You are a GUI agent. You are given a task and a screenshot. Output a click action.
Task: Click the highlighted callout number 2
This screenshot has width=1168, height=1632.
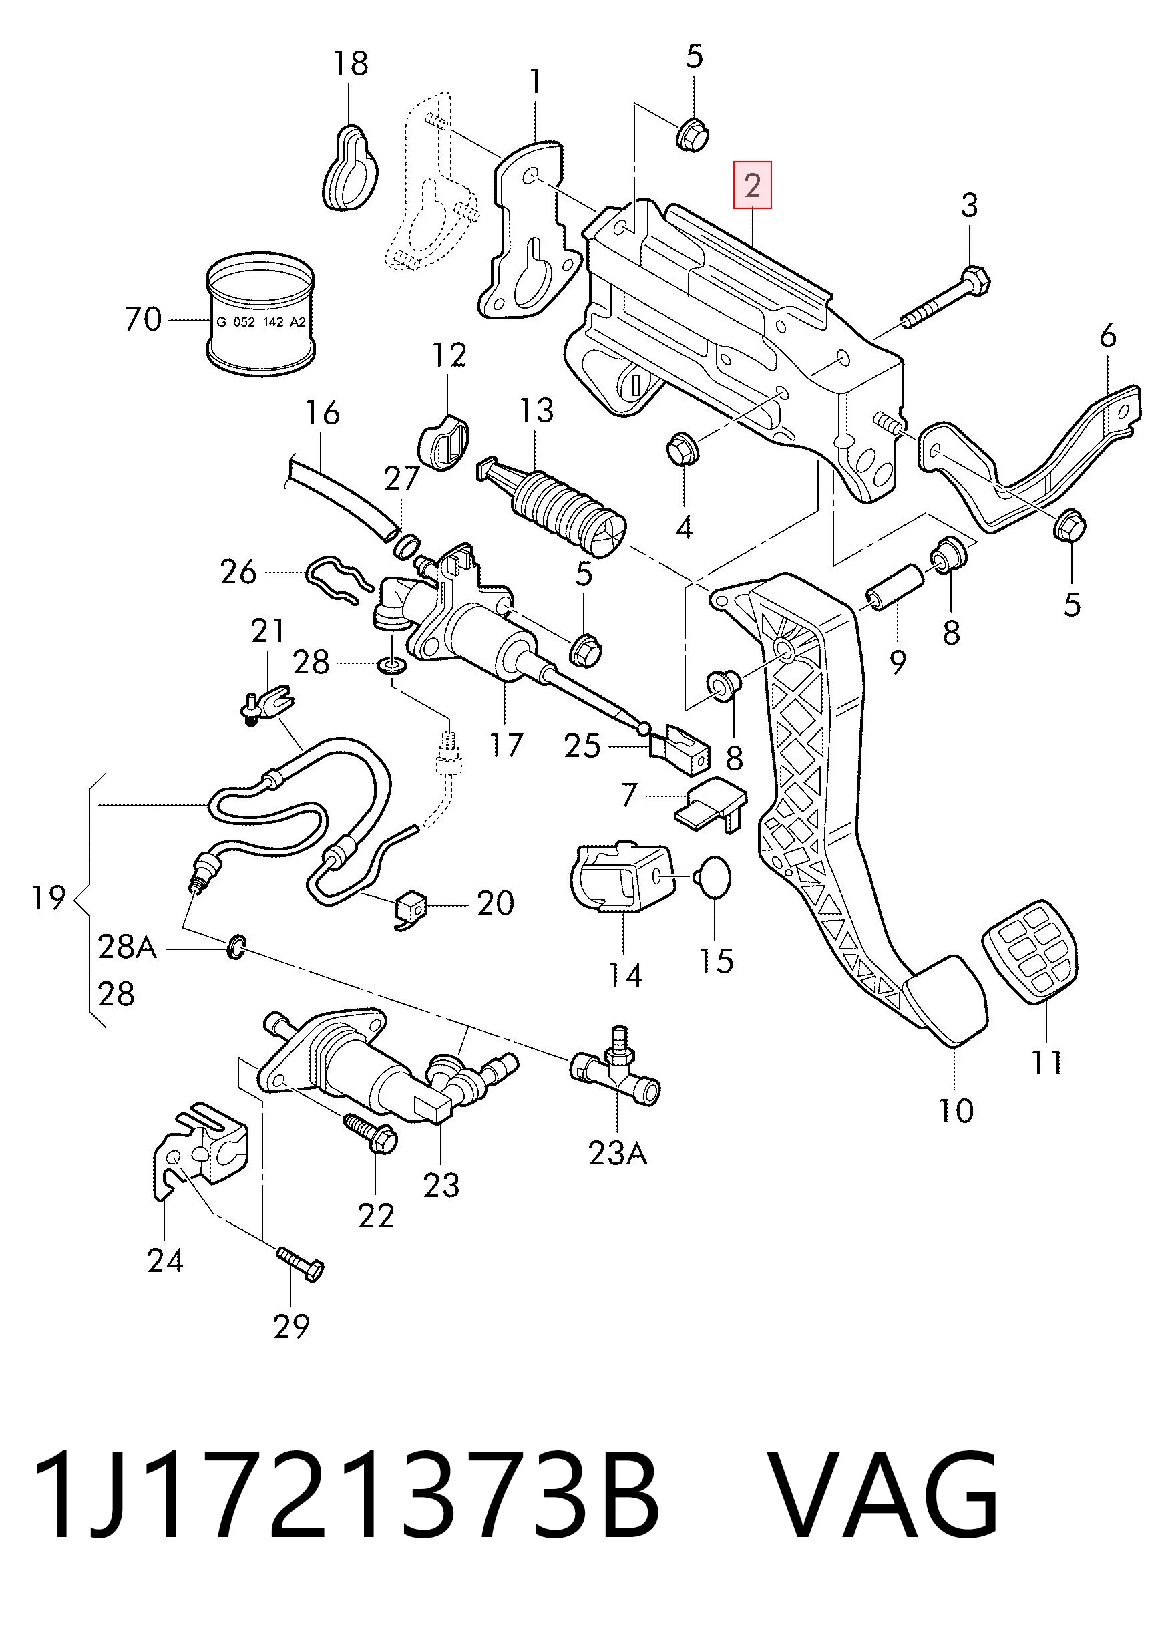(x=753, y=186)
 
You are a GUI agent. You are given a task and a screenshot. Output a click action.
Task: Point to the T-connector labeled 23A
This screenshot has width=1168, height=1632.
(x=616, y=1074)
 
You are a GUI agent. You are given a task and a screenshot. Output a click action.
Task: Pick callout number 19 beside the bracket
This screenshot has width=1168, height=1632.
(x=49, y=897)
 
